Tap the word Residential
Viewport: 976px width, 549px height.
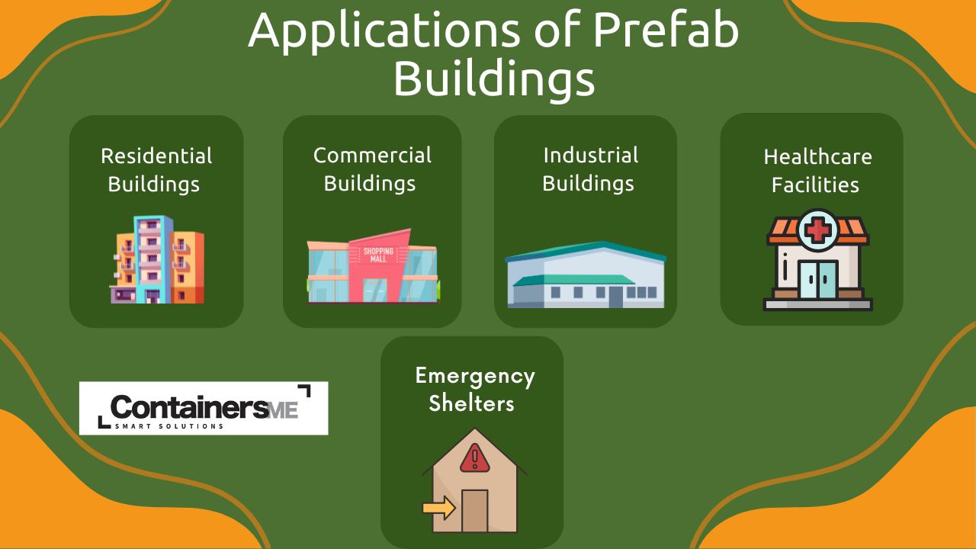click(x=156, y=156)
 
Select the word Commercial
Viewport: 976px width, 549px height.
click(x=372, y=156)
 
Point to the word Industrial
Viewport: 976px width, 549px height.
click(x=590, y=156)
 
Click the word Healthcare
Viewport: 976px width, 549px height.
click(x=817, y=157)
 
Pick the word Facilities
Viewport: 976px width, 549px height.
click(x=815, y=185)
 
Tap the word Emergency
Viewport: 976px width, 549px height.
click(x=475, y=375)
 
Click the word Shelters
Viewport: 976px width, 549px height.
click(x=471, y=403)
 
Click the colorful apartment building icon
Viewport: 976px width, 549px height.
click(x=156, y=260)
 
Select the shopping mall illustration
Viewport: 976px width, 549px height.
click(x=372, y=266)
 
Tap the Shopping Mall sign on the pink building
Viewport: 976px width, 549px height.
click(x=378, y=255)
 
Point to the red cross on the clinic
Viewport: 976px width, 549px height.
click(x=817, y=228)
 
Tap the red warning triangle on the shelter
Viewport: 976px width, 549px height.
click(x=474, y=457)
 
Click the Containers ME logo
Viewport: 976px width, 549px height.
click(x=204, y=408)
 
